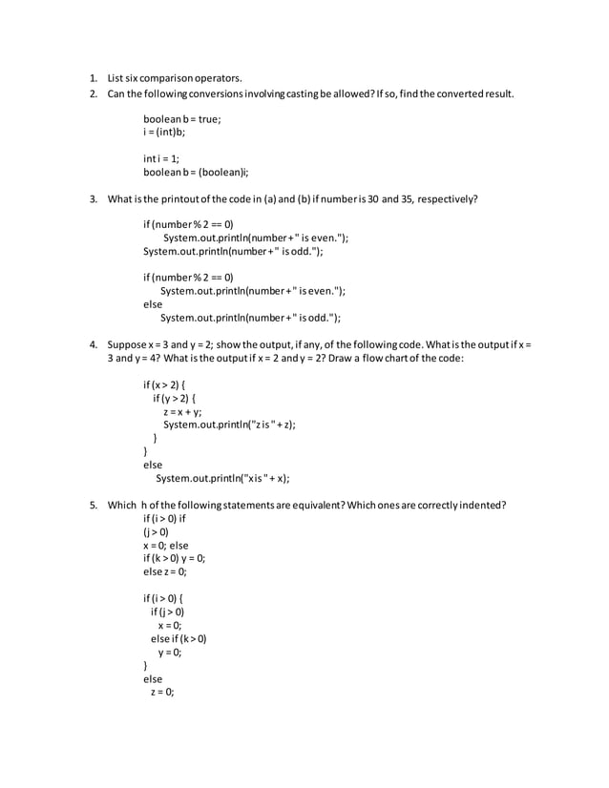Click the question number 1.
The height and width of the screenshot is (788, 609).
[x=94, y=77]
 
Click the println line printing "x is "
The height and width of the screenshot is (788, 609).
[x=222, y=479]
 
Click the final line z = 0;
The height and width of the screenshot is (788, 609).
[x=161, y=693]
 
